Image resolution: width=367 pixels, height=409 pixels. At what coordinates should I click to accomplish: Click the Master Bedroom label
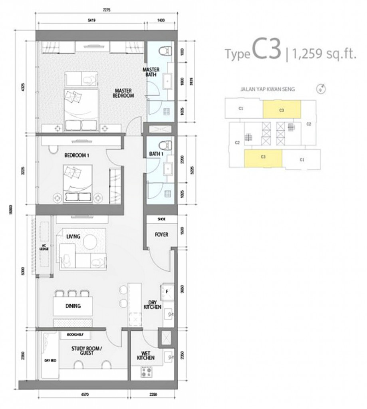[x=124, y=93]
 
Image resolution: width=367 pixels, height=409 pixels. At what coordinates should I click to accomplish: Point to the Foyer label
[x=161, y=234]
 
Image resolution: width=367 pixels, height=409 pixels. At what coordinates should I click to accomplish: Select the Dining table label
[x=73, y=306]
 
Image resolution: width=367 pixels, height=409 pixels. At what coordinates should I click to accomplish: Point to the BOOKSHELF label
[x=75, y=335]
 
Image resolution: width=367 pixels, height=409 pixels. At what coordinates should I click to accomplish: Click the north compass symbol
[x=321, y=89]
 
